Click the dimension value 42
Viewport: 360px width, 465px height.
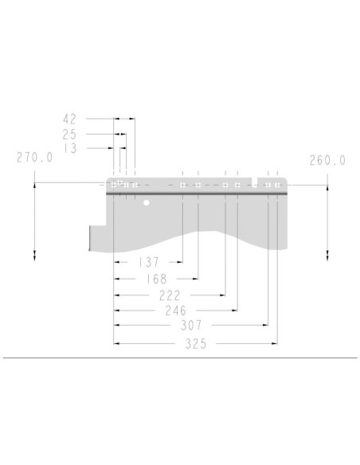69,119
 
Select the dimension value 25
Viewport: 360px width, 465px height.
69,135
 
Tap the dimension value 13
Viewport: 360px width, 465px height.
70,148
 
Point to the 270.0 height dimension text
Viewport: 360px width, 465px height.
34,158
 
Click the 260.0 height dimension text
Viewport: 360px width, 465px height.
327,160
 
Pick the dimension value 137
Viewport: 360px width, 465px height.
149,262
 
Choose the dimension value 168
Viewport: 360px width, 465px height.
157,279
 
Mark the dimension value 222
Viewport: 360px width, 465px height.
170,295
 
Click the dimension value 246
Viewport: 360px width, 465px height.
175,311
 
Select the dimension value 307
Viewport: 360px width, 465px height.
191,326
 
